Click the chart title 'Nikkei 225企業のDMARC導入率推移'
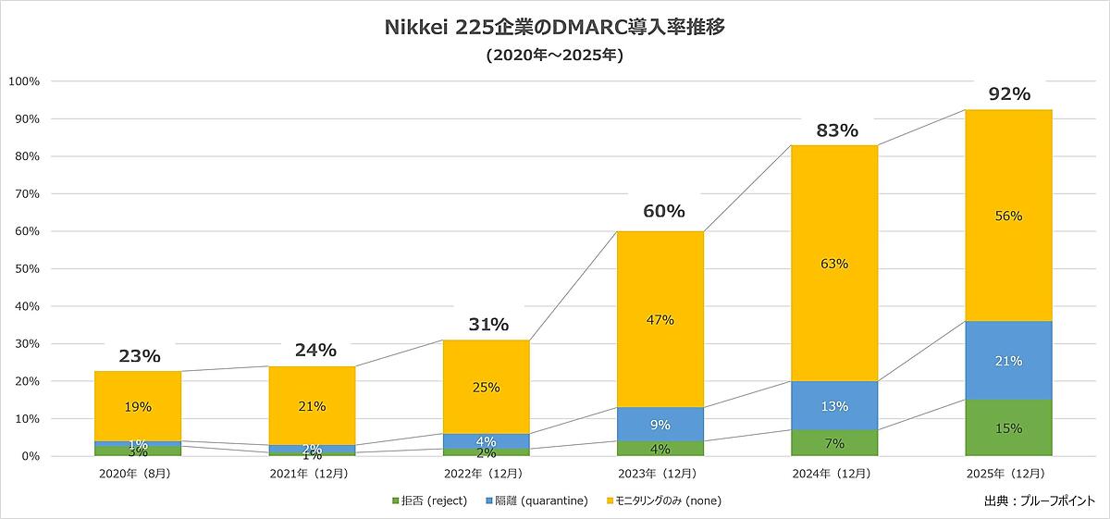[x=554, y=28]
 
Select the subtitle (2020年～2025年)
[x=554, y=56]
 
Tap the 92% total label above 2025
[x=1008, y=93]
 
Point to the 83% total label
[x=837, y=130]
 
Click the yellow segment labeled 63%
[x=834, y=264]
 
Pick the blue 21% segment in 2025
[x=1008, y=361]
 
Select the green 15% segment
[x=1008, y=428]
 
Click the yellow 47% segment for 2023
[x=660, y=320]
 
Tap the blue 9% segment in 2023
[x=660, y=426]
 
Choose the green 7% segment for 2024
[x=834, y=443]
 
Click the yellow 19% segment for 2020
[x=138, y=406]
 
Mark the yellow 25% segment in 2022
[x=487, y=388]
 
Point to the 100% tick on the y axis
[x=23, y=81]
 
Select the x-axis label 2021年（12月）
[x=312, y=474]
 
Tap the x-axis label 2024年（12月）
[x=834, y=474]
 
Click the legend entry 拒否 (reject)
[x=429, y=500]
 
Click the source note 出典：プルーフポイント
[x=1040, y=500]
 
